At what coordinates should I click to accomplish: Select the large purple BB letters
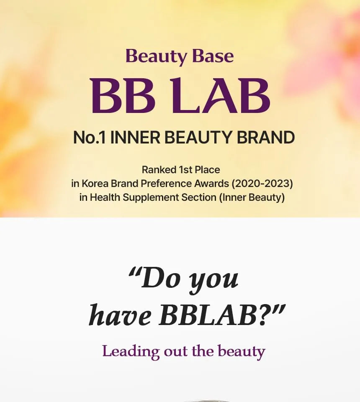(123, 95)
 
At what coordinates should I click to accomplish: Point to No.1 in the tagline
(89, 138)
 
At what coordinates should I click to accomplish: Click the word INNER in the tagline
(135, 138)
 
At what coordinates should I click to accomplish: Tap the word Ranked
(159, 170)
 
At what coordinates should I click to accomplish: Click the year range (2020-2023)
(262, 184)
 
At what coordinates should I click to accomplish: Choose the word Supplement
(152, 198)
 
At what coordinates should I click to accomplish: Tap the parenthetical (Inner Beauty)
(252, 198)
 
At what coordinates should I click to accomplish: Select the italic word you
(214, 281)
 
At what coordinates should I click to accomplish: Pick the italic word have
(120, 315)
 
